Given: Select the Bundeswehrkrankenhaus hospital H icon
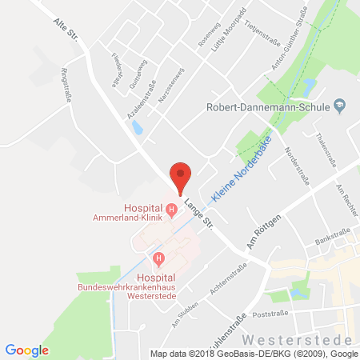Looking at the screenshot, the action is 158,258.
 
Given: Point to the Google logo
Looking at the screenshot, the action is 26,350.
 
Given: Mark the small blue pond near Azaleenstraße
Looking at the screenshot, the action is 138,126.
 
